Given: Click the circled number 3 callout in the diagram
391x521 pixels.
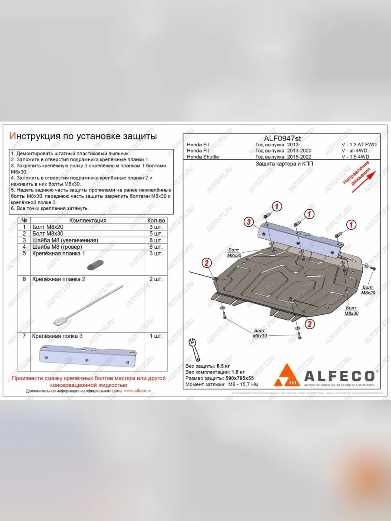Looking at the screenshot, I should [248, 222].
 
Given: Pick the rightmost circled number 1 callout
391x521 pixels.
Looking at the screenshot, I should [351, 224].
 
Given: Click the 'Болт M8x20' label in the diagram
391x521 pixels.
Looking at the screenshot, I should [368, 290].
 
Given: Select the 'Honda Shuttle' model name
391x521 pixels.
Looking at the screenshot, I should [203, 157].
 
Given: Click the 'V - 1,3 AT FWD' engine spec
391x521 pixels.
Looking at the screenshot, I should [358, 145].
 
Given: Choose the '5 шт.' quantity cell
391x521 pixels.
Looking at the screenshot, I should [155, 234].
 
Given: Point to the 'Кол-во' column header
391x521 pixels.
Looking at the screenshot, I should [156, 221].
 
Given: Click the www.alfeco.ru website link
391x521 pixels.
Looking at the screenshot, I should [137, 391].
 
